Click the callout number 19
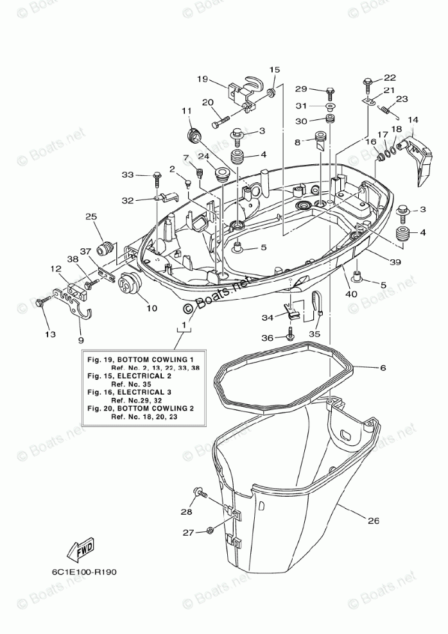[x=202, y=80]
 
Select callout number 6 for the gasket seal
[x=383, y=368]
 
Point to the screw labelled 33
[x=157, y=175]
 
